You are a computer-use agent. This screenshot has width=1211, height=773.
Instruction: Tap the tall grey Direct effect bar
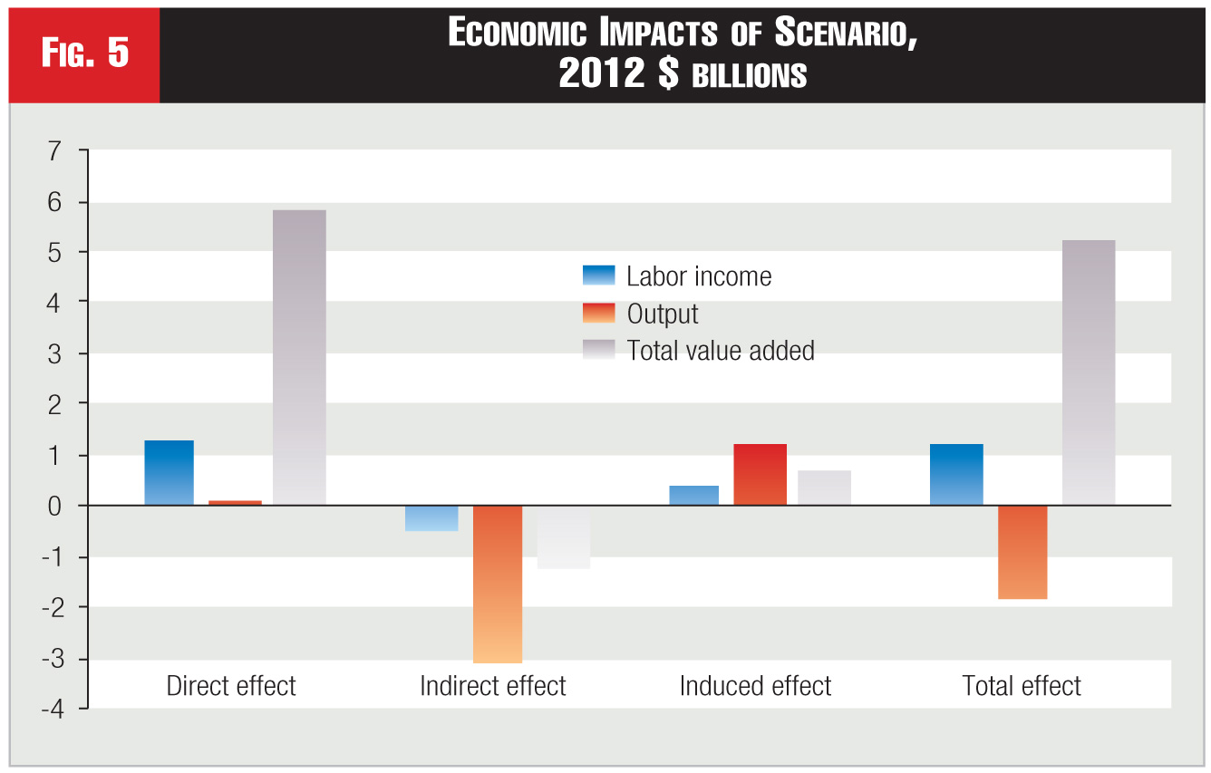coord(299,357)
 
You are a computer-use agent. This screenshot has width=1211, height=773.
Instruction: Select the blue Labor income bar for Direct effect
coord(169,472)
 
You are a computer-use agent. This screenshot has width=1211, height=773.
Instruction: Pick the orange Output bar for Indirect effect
coord(498,584)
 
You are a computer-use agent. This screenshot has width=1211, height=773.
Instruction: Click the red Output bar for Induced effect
coord(760,474)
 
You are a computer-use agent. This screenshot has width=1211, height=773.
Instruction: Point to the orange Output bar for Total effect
coord(1022,552)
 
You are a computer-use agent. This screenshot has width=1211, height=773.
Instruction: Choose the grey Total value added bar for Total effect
coord(1089,372)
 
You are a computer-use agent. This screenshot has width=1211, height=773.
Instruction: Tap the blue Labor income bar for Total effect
coord(956,474)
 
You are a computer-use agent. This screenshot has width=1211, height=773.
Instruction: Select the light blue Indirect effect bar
coord(431,517)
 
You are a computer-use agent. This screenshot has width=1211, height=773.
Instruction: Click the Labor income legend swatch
coord(598,275)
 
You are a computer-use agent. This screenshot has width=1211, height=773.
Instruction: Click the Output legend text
coord(663,314)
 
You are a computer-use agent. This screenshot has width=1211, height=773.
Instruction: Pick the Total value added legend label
coord(721,351)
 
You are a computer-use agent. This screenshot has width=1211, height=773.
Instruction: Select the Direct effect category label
coord(231,686)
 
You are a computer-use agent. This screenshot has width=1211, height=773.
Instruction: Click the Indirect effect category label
coord(493,686)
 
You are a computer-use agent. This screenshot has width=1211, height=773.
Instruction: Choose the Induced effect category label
coord(755,686)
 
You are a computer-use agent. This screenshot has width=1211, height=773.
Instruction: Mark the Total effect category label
coord(1022,686)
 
